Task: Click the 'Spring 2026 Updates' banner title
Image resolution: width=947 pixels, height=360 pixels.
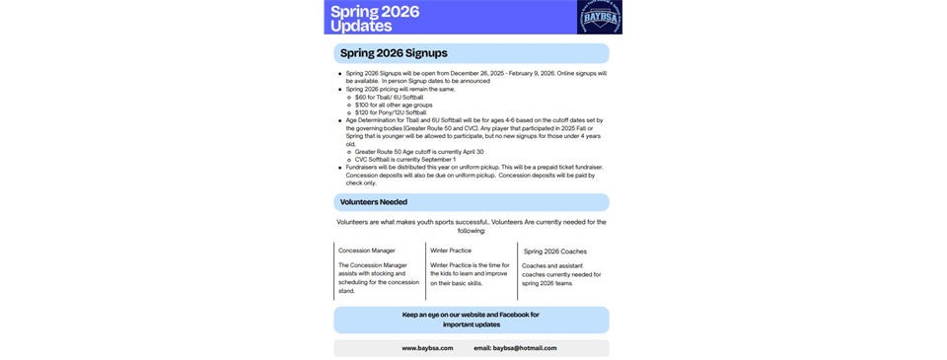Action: tap(375, 18)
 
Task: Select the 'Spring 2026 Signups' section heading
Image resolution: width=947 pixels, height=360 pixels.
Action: tap(394, 52)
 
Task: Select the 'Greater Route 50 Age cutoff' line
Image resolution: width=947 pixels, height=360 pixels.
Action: tap(415, 151)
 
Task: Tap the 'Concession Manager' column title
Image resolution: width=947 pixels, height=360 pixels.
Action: tap(367, 251)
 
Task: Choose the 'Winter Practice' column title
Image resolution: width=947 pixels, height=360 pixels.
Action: tap(451, 251)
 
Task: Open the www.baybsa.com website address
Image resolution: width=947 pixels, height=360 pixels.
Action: tap(427, 348)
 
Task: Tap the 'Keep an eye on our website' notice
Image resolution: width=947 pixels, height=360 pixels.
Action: tap(471, 320)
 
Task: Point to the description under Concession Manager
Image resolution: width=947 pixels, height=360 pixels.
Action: tap(378, 279)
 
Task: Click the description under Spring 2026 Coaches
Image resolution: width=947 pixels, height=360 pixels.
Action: tap(559, 274)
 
